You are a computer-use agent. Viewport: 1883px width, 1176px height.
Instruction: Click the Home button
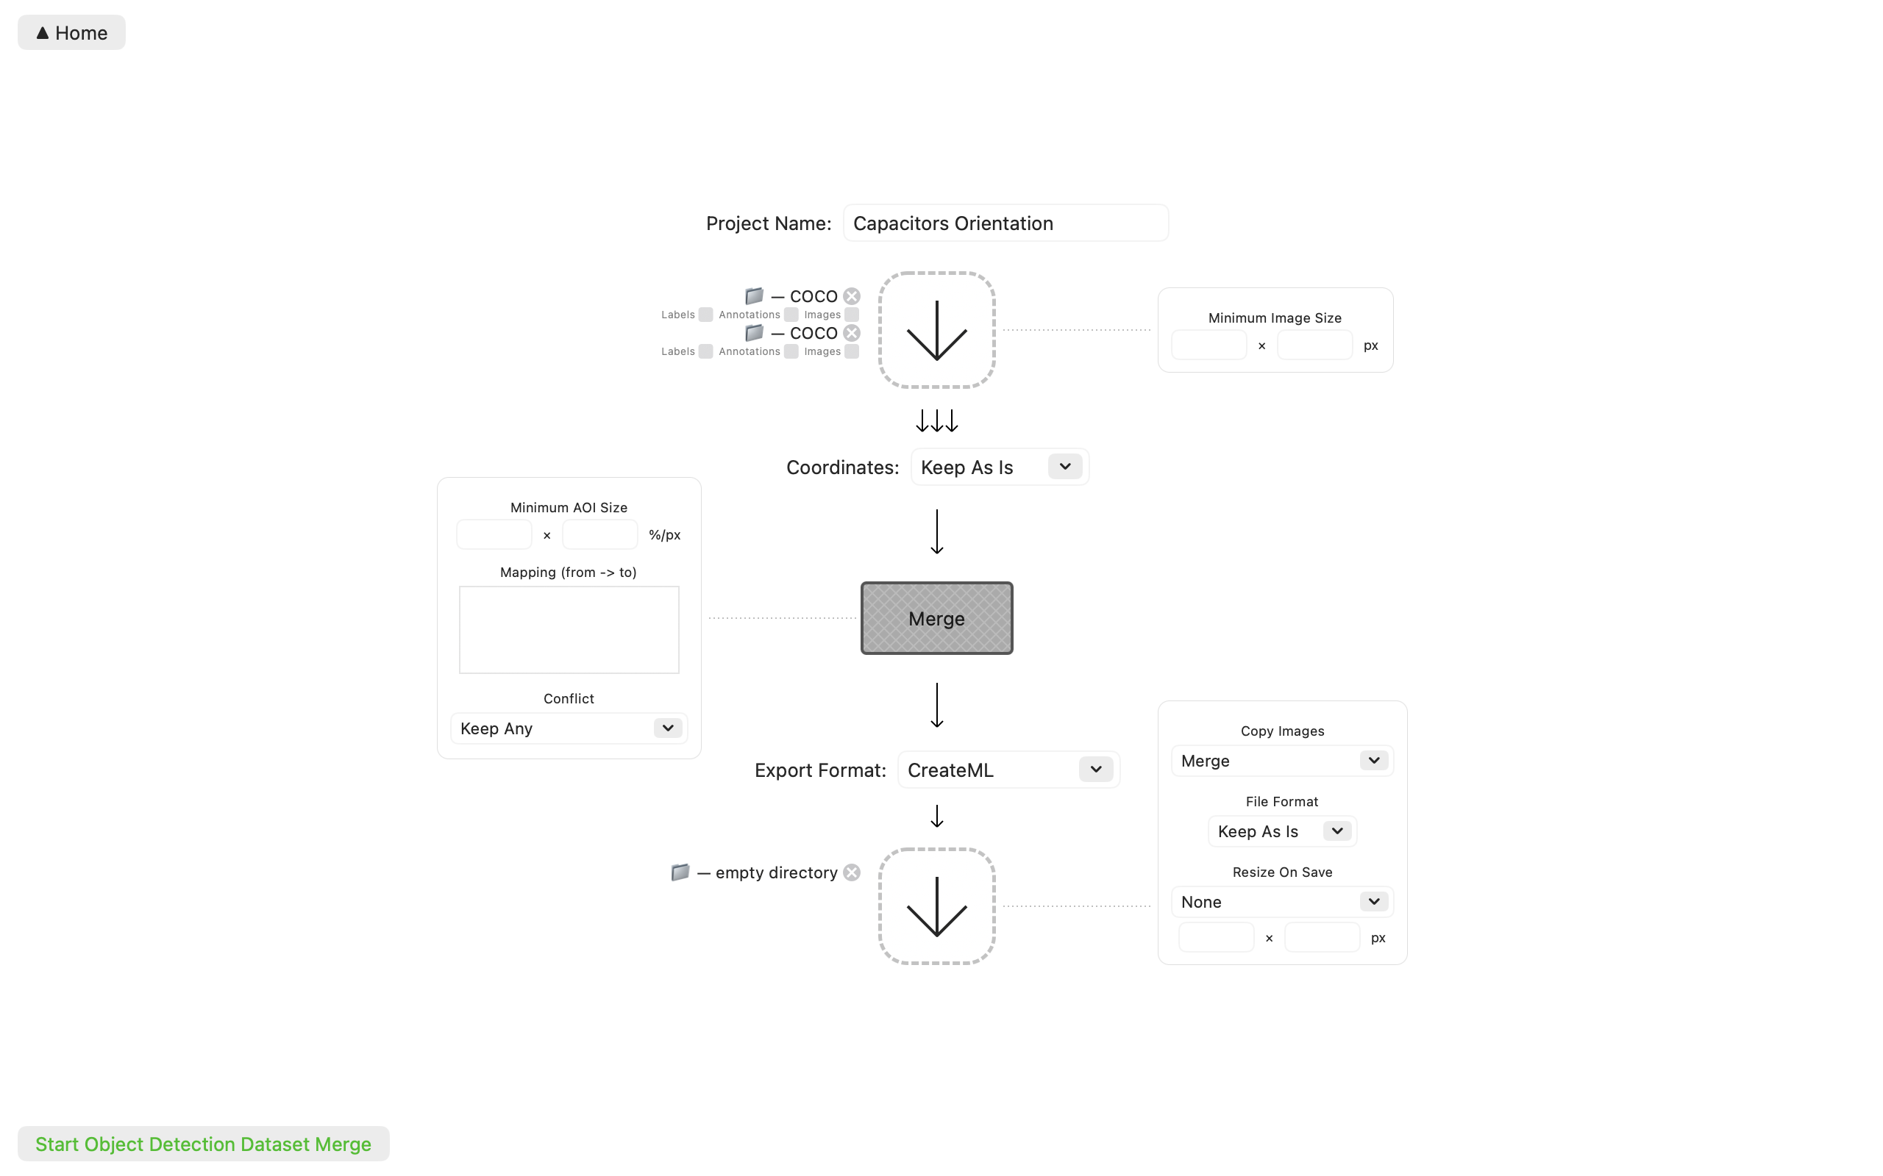[71, 32]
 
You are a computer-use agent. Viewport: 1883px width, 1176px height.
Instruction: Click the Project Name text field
[1005, 223]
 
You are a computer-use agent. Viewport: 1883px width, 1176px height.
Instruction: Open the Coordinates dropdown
[999, 467]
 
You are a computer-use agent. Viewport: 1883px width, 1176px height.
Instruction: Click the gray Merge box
[936, 618]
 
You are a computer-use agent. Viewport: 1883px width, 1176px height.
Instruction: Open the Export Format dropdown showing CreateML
[1008, 770]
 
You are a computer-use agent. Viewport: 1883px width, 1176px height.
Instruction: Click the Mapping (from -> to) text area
[569, 629]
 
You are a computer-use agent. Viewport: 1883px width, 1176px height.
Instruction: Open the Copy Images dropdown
[1281, 761]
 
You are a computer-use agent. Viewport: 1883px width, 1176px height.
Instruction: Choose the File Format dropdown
[1281, 831]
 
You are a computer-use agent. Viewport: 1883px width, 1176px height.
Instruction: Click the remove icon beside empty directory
[852, 872]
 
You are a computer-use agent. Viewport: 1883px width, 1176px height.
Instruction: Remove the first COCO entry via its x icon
[852, 296]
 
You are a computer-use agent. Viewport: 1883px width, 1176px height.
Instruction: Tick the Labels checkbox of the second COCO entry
[705, 351]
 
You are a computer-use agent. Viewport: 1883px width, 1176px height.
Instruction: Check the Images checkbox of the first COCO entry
[852, 315]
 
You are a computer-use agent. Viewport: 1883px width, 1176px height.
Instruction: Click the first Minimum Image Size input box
[1209, 345]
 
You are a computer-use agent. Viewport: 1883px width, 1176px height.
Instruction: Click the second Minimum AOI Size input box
[599, 535]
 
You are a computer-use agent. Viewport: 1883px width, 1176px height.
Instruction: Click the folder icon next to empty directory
[680, 872]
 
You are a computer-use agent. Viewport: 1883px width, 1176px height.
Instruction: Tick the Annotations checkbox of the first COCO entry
[791, 315]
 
